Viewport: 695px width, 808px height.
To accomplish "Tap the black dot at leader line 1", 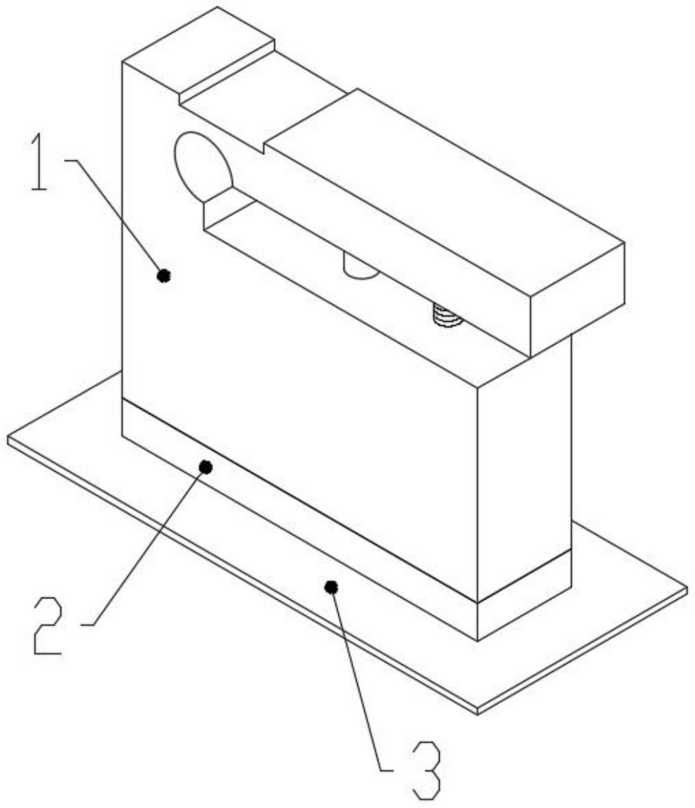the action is point(164,276).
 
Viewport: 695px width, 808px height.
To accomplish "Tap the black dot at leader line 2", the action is point(206,467).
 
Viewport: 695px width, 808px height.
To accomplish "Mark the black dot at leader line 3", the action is point(332,586).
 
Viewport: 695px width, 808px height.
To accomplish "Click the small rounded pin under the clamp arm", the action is point(360,268).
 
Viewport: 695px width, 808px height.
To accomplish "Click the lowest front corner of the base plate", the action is point(477,712).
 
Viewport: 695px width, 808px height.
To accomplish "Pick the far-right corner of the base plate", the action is point(686,589).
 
